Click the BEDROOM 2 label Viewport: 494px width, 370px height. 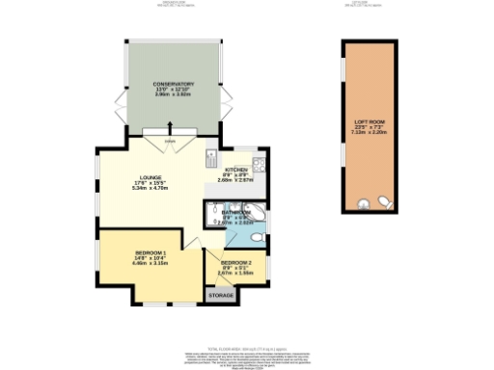[x=235, y=262]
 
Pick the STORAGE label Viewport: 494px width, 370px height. [x=221, y=296]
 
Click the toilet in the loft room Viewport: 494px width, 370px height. [x=381, y=202]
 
